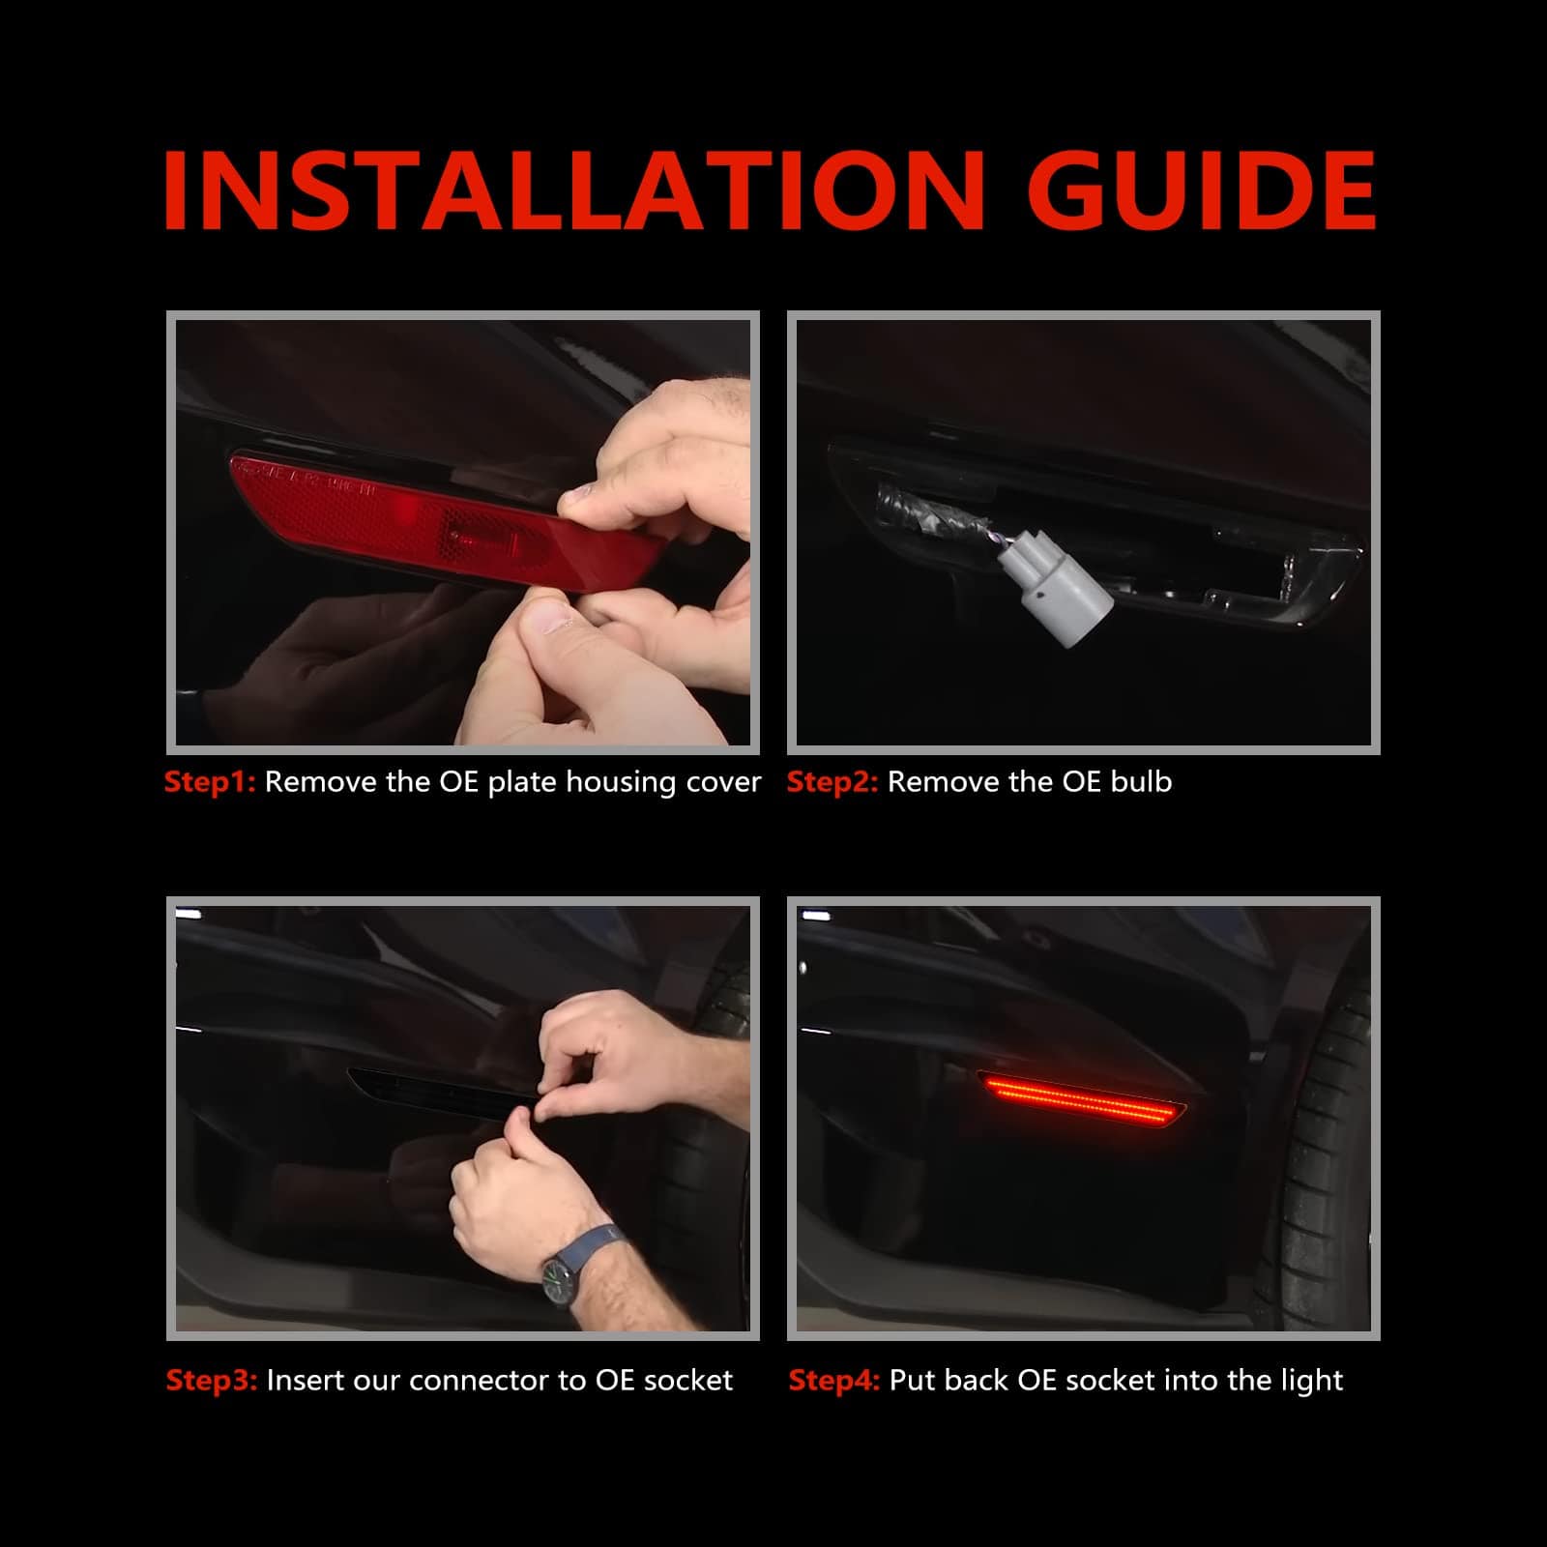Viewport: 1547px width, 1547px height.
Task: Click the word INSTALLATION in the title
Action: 574,190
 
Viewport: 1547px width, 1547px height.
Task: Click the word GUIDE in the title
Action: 1210,190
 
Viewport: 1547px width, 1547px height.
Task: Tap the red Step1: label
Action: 210,782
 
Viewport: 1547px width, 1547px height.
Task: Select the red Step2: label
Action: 832,782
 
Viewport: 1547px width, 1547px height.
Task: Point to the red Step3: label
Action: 212,1380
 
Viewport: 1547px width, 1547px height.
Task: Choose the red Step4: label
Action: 834,1380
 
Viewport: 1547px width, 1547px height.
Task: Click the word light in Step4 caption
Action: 1312,1381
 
